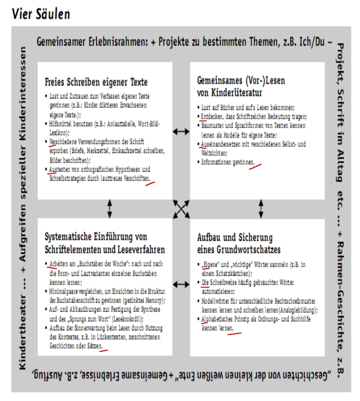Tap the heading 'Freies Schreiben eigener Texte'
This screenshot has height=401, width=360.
(96, 81)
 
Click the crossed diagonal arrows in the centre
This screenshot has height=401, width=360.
(181, 208)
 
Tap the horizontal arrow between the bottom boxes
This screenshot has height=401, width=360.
(181, 284)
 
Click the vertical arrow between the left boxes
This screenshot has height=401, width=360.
(110, 208)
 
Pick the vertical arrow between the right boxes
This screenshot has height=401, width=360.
(261, 208)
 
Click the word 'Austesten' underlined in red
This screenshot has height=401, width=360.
(58, 169)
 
